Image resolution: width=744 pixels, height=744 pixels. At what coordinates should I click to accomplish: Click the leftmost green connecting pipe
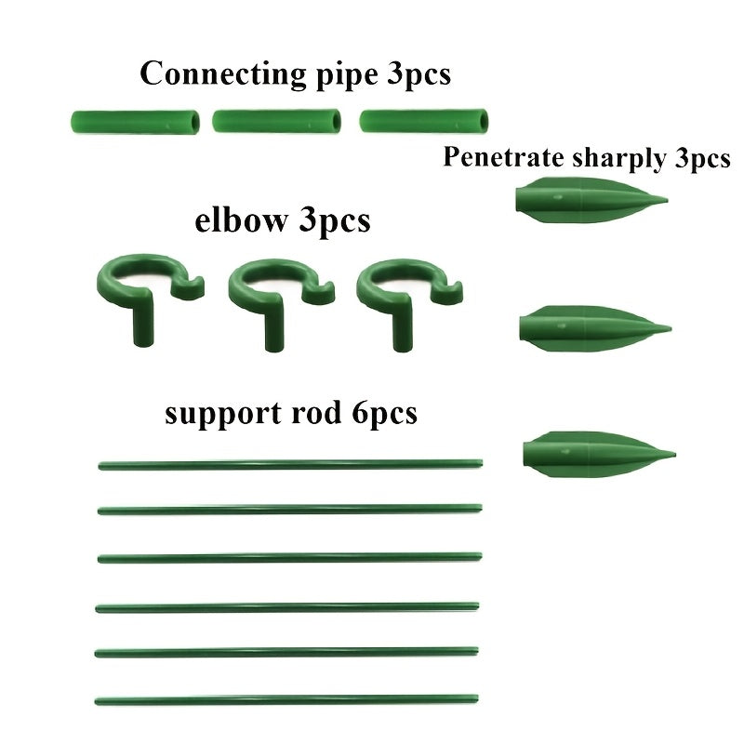(135, 121)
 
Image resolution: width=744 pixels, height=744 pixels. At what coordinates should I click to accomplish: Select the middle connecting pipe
(275, 121)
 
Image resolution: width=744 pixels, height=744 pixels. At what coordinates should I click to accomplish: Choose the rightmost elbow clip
(400, 288)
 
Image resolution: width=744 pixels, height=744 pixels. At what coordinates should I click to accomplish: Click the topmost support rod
(290, 462)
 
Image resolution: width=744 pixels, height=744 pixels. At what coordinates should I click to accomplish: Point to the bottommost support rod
(286, 698)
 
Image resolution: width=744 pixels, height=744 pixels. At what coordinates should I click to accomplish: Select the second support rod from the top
(290, 510)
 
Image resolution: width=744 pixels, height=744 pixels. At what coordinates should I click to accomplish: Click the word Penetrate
(496, 157)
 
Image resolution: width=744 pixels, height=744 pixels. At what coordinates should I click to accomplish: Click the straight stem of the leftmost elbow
(140, 325)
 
